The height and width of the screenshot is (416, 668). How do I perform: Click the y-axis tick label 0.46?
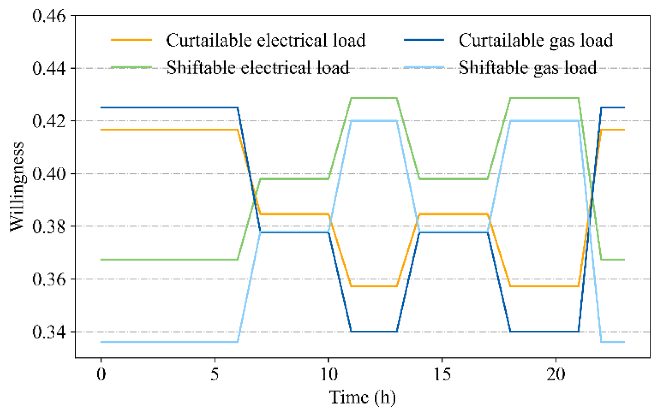(49, 16)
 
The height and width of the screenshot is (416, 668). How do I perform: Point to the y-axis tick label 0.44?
(49, 69)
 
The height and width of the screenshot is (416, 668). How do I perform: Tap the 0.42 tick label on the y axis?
(49, 121)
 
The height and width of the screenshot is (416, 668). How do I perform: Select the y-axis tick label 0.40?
(49, 174)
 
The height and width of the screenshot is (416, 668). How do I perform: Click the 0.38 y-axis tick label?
(49, 226)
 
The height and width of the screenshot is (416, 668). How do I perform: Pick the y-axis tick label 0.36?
(49, 279)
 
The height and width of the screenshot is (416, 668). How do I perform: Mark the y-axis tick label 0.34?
(49, 332)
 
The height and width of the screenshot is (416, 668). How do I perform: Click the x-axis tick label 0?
(101, 375)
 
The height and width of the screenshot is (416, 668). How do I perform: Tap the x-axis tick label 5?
(215, 375)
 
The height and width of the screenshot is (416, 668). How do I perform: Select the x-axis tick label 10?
(329, 375)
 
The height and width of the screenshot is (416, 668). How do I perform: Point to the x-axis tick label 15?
(442, 375)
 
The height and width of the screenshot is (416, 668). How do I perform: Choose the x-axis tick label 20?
(556, 375)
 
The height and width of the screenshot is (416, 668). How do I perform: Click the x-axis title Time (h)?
(362, 398)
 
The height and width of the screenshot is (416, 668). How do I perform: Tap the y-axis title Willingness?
(17, 186)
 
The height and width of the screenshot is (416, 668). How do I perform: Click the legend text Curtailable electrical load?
(266, 40)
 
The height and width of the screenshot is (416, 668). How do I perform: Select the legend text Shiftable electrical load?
(258, 68)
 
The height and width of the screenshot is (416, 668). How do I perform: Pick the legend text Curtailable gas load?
(536, 40)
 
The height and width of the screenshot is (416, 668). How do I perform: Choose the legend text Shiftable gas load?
(528, 68)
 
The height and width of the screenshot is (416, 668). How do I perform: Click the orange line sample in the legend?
(131, 40)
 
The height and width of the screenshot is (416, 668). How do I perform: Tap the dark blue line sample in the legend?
(424, 40)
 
